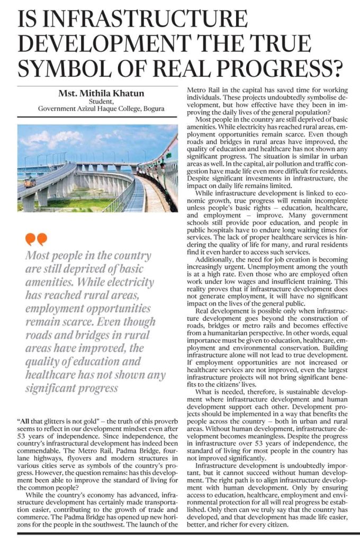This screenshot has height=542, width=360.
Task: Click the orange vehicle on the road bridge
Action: coord(31,182)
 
